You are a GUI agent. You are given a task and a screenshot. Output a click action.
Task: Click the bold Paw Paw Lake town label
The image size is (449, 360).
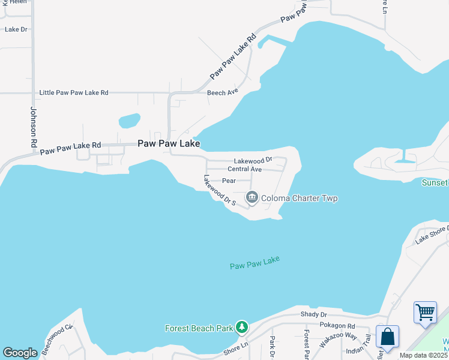point(169,143)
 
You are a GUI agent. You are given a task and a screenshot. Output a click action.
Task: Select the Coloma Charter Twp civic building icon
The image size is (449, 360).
point(252,197)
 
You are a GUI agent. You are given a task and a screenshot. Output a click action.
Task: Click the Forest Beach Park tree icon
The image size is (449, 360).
point(241,327)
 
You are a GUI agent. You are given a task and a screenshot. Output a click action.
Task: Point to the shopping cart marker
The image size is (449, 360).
point(425,312)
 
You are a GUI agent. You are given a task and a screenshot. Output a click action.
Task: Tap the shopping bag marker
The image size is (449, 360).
point(388,336)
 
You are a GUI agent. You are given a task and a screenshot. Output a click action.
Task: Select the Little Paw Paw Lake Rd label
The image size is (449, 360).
point(74,93)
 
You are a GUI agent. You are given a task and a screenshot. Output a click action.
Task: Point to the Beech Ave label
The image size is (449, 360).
point(223,92)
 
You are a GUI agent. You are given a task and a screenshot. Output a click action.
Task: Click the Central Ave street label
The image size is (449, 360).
point(244,169)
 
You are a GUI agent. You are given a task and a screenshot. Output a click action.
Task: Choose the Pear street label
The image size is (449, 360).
point(229,180)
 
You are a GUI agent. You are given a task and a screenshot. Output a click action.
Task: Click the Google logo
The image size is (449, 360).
point(20,353)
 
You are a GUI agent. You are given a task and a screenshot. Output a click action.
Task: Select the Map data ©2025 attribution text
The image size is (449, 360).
point(424,355)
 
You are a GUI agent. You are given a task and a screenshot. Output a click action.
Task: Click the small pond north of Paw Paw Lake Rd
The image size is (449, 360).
point(129,121)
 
